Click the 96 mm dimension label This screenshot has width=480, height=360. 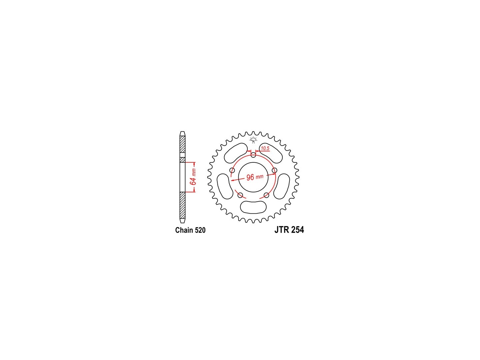(255, 177)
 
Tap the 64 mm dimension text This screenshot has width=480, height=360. (193, 177)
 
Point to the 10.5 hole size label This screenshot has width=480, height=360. (265, 148)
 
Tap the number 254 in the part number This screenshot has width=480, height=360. (297, 230)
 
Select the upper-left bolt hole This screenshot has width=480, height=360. (232, 170)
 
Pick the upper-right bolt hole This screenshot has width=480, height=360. (274, 170)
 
